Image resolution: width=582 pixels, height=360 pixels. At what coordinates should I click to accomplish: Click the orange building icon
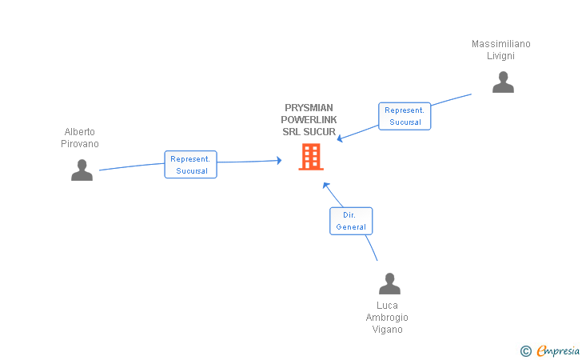point(310,157)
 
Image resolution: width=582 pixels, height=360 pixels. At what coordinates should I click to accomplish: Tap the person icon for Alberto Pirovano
point(82,170)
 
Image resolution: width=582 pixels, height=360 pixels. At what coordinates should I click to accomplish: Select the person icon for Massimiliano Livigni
point(503,82)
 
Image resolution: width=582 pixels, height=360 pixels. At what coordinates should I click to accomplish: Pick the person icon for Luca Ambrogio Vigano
point(389,284)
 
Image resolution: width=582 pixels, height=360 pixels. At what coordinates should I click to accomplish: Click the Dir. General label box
point(351,221)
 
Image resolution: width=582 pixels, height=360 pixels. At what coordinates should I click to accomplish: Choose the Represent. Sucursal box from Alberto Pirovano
point(190,165)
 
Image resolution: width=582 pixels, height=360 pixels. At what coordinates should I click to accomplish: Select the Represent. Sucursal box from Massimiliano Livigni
point(404,116)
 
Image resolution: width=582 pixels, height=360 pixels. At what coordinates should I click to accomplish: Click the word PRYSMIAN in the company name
point(309,108)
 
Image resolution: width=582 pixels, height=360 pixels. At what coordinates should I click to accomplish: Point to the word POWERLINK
point(309,120)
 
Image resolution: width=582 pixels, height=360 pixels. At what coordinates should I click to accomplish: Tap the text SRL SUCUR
point(309,131)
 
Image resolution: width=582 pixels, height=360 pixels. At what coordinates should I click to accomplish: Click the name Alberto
point(80,132)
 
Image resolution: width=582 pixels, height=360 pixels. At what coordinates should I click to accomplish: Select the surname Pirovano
point(80,144)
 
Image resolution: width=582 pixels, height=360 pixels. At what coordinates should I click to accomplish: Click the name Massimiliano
point(501,44)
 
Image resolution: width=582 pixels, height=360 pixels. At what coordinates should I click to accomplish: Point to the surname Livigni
point(501,56)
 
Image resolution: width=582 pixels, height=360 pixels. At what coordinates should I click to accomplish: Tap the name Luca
point(388,306)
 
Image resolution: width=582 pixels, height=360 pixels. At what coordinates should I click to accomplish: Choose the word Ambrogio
point(388,318)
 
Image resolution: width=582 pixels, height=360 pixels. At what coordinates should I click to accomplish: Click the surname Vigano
point(388,330)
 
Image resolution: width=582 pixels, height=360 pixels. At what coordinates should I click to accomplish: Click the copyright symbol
point(525,350)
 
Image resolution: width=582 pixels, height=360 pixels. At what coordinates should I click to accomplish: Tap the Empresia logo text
point(559,350)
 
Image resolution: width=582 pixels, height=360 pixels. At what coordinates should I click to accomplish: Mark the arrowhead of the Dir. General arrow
point(325,184)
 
